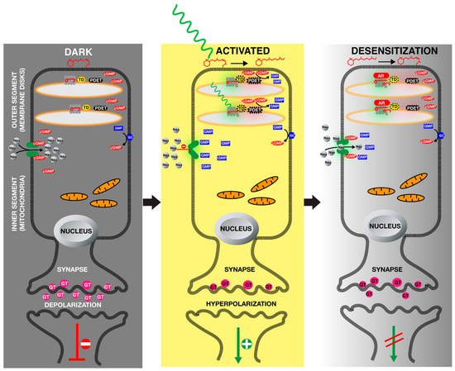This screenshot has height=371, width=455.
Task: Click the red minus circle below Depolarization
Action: point(76,340)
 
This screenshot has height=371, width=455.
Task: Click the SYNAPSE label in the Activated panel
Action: point(232,269)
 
